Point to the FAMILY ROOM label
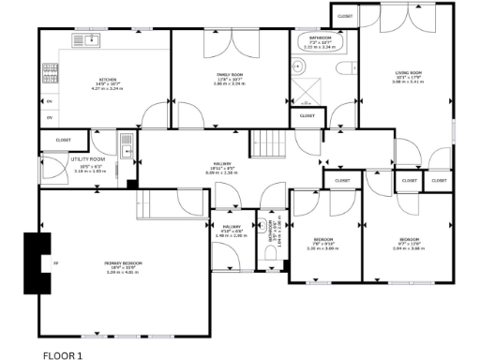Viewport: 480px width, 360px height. (x=217, y=80)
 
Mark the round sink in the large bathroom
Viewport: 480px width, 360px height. (x=298, y=67)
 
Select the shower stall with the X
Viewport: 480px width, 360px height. (x=305, y=93)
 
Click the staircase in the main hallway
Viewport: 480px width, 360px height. (x=270, y=142)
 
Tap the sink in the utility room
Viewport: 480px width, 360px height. (x=126, y=143)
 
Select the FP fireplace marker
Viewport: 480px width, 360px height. (x=53, y=262)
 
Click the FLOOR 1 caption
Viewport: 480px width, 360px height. (x=63, y=354)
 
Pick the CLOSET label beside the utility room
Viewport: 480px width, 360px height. (x=63, y=140)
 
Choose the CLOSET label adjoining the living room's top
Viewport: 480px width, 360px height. (x=345, y=16)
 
